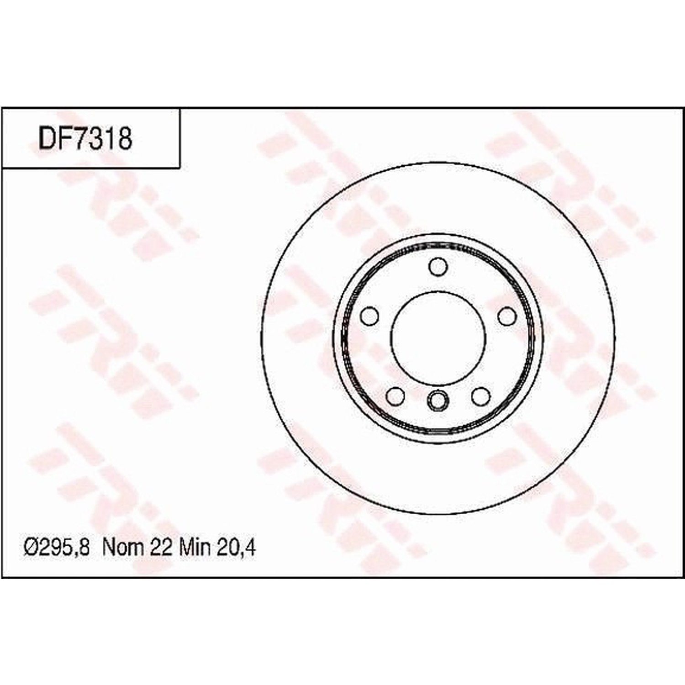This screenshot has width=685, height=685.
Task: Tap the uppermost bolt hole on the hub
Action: (x=438, y=266)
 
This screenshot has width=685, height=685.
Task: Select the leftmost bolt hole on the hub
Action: (x=370, y=316)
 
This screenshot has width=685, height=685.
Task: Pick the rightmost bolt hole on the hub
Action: (x=506, y=316)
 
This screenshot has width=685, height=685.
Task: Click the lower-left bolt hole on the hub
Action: (x=395, y=396)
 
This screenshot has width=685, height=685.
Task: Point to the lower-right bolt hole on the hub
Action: (x=480, y=396)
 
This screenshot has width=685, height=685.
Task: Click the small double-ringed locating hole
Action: (x=438, y=400)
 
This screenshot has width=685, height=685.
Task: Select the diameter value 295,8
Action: (x=64, y=547)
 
